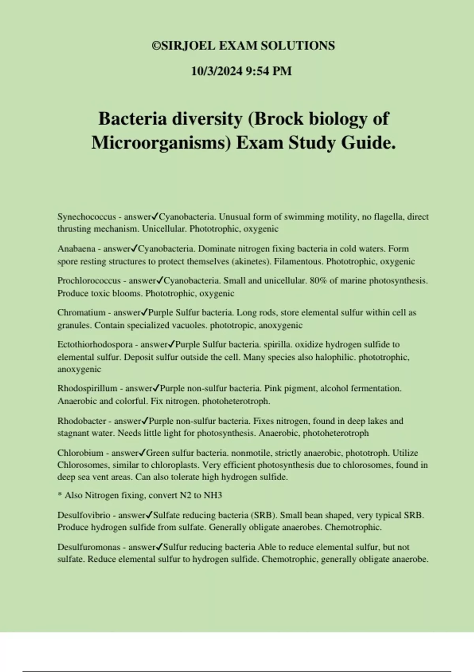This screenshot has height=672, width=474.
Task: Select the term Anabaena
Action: coord(76,249)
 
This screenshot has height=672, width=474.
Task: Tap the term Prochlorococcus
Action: coord(89,281)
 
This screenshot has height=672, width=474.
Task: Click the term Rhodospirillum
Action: coord(87,389)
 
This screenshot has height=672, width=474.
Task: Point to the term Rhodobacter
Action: coord(82,421)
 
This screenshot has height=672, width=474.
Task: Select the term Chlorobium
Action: coord(80,453)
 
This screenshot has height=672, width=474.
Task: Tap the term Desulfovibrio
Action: coord(84,515)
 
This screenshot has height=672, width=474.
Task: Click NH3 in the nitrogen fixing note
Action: coord(213,496)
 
